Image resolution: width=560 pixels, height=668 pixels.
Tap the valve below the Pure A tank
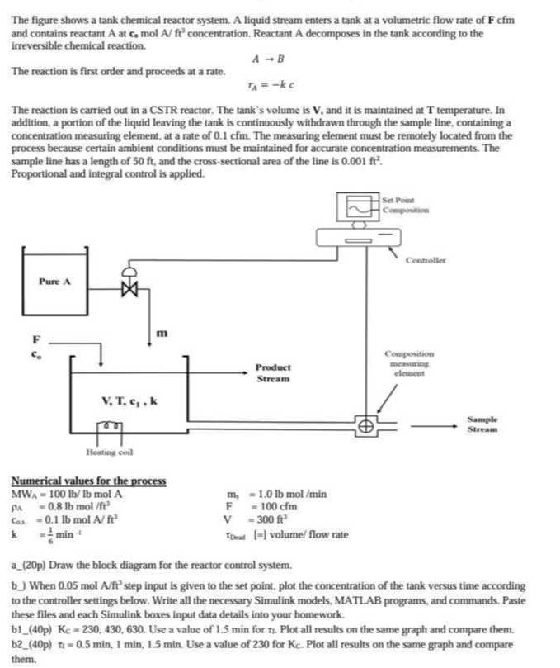click(128, 287)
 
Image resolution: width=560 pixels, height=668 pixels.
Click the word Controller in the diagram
click(426, 262)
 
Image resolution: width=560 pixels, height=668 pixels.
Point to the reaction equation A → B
click(265, 58)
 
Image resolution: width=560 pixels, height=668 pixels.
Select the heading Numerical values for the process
click(88, 481)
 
